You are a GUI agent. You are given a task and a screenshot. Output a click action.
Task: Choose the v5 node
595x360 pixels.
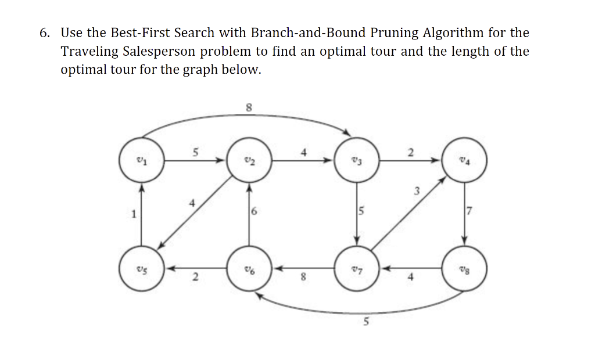[x=140, y=268]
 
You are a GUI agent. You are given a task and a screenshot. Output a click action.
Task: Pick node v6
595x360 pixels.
[x=249, y=268]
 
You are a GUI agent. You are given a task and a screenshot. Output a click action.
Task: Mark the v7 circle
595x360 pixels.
[x=357, y=268]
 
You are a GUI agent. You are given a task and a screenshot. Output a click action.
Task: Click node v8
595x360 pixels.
[x=464, y=268]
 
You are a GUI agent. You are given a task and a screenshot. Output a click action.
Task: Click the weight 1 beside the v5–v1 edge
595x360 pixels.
[x=133, y=214]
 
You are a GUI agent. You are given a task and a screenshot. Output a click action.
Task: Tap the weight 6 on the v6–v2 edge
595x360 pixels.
[x=255, y=214]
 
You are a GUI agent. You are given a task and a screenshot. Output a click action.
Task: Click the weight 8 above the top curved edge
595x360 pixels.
[x=249, y=107]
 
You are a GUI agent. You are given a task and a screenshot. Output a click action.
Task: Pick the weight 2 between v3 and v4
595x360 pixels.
[x=410, y=153]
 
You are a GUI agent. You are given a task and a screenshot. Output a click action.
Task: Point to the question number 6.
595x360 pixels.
[x=45, y=33]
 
